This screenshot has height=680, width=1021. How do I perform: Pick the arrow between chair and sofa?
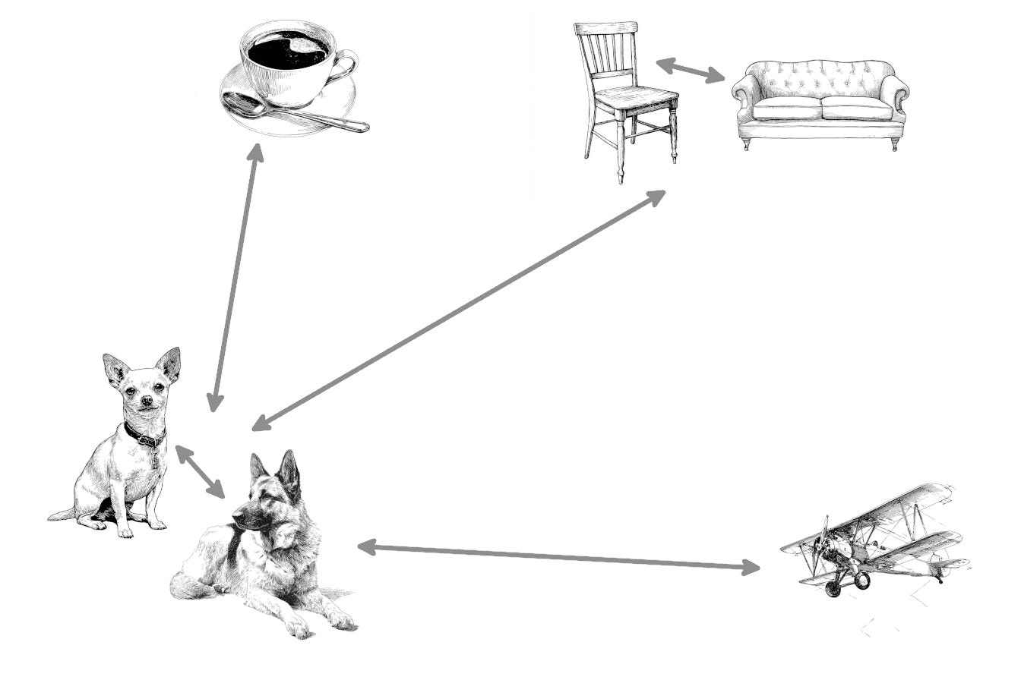click(x=690, y=71)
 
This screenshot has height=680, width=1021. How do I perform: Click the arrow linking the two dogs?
click(x=200, y=471)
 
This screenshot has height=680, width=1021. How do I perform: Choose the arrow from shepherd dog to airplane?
click(x=558, y=556)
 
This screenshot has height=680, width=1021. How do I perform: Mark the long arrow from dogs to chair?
click(x=459, y=310)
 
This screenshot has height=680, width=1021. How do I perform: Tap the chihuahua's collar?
click(x=144, y=437)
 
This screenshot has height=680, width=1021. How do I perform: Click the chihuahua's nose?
click(x=146, y=399)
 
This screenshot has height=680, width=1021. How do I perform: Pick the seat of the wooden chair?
click(x=637, y=97)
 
